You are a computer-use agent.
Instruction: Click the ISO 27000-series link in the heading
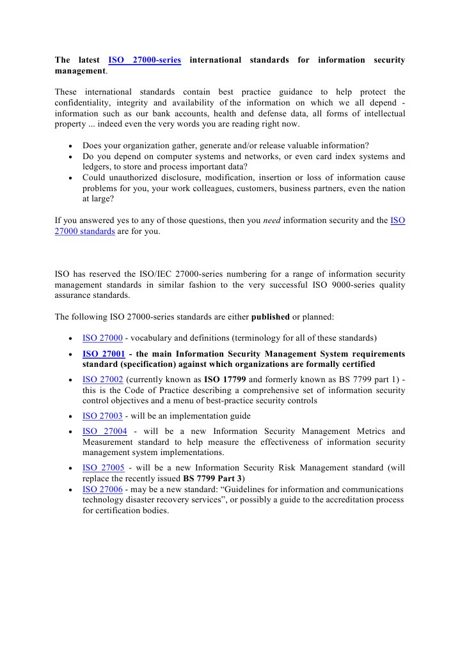145,60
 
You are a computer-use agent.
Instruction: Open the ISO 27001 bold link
103,354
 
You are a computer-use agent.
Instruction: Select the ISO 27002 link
102,379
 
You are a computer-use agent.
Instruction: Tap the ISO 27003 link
102,416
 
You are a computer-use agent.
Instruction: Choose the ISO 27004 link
104,431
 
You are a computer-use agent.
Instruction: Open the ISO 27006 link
102,490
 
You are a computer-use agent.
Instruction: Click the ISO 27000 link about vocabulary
102,338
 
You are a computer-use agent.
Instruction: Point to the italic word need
272,221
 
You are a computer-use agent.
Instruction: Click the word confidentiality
84,103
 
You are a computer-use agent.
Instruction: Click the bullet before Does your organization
69,146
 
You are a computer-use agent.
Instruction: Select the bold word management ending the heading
79,71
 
